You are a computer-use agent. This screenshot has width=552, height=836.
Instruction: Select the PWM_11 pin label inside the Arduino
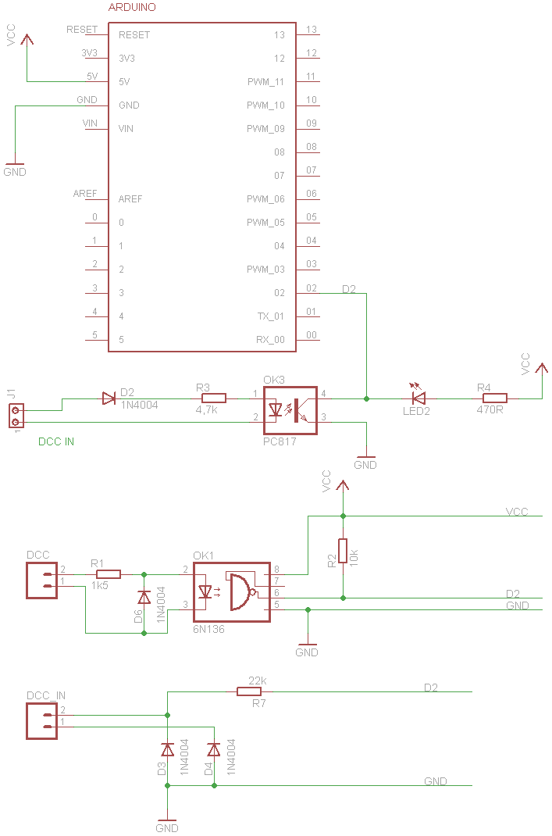point(265,82)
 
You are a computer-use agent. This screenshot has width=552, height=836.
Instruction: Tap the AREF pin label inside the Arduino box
point(130,199)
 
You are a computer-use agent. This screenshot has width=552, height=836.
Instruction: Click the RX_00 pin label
point(270,340)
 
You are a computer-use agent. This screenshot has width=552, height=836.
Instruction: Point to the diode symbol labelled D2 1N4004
point(109,398)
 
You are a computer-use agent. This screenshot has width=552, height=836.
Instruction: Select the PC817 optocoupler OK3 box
point(290,410)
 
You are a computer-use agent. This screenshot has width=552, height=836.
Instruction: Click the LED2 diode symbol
point(418,398)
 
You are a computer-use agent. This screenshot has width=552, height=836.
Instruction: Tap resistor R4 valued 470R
point(495,398)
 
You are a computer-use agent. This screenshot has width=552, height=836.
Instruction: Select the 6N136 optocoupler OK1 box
point(231,591)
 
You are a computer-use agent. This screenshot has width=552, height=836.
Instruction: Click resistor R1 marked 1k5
point(108,574)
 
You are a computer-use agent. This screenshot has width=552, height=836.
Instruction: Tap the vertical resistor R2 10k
point(342,552)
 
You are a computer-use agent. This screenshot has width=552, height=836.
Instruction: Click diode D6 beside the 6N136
point(144,598)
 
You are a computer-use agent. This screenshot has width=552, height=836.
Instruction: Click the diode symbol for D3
point(167,750)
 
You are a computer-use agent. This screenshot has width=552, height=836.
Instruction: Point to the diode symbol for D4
point(213,750)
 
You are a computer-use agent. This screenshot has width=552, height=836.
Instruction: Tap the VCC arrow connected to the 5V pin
point(27,41)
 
